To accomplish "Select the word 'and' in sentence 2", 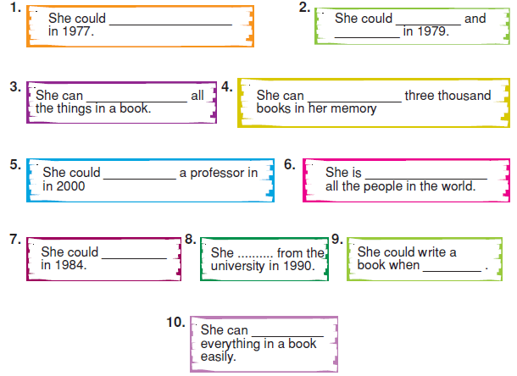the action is [x=475, y=19].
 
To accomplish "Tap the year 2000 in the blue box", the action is [x=70, y=186].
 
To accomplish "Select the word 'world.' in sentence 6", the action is [x=459, y=186].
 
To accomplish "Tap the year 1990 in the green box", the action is [x=298, y=266].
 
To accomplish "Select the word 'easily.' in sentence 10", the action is [x=219, y=357].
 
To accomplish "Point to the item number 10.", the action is [x=175, y=323].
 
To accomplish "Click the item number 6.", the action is [x=290, y=164].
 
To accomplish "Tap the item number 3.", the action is [x=15, y=87].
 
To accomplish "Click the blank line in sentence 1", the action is [x=171, y=25].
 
